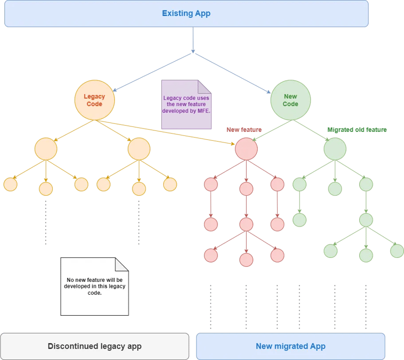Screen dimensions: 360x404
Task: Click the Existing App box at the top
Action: (x=186, y=13)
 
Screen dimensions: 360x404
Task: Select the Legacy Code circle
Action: (x=95, y=100)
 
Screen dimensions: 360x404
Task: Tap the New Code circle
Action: (x=291, y=100)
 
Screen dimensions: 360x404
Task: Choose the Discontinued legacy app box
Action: (x=95, y=346)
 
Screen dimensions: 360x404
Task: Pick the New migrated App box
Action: (x=291, y=346)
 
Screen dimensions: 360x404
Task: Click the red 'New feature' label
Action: (x=244, y=130)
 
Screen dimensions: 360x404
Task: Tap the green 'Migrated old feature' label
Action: (x=357, y=130)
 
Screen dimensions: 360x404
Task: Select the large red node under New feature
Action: (x=246, y=149)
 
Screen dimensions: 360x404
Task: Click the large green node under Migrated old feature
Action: (x=335, y=149)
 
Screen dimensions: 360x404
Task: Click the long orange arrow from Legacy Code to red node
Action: (x=169, y=132)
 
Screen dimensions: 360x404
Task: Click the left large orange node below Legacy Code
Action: (x=46, y=149)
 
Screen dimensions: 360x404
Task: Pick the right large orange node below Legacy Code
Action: (x=139, y=149)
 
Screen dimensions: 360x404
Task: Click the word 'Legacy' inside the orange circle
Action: (x=95, y=97)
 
